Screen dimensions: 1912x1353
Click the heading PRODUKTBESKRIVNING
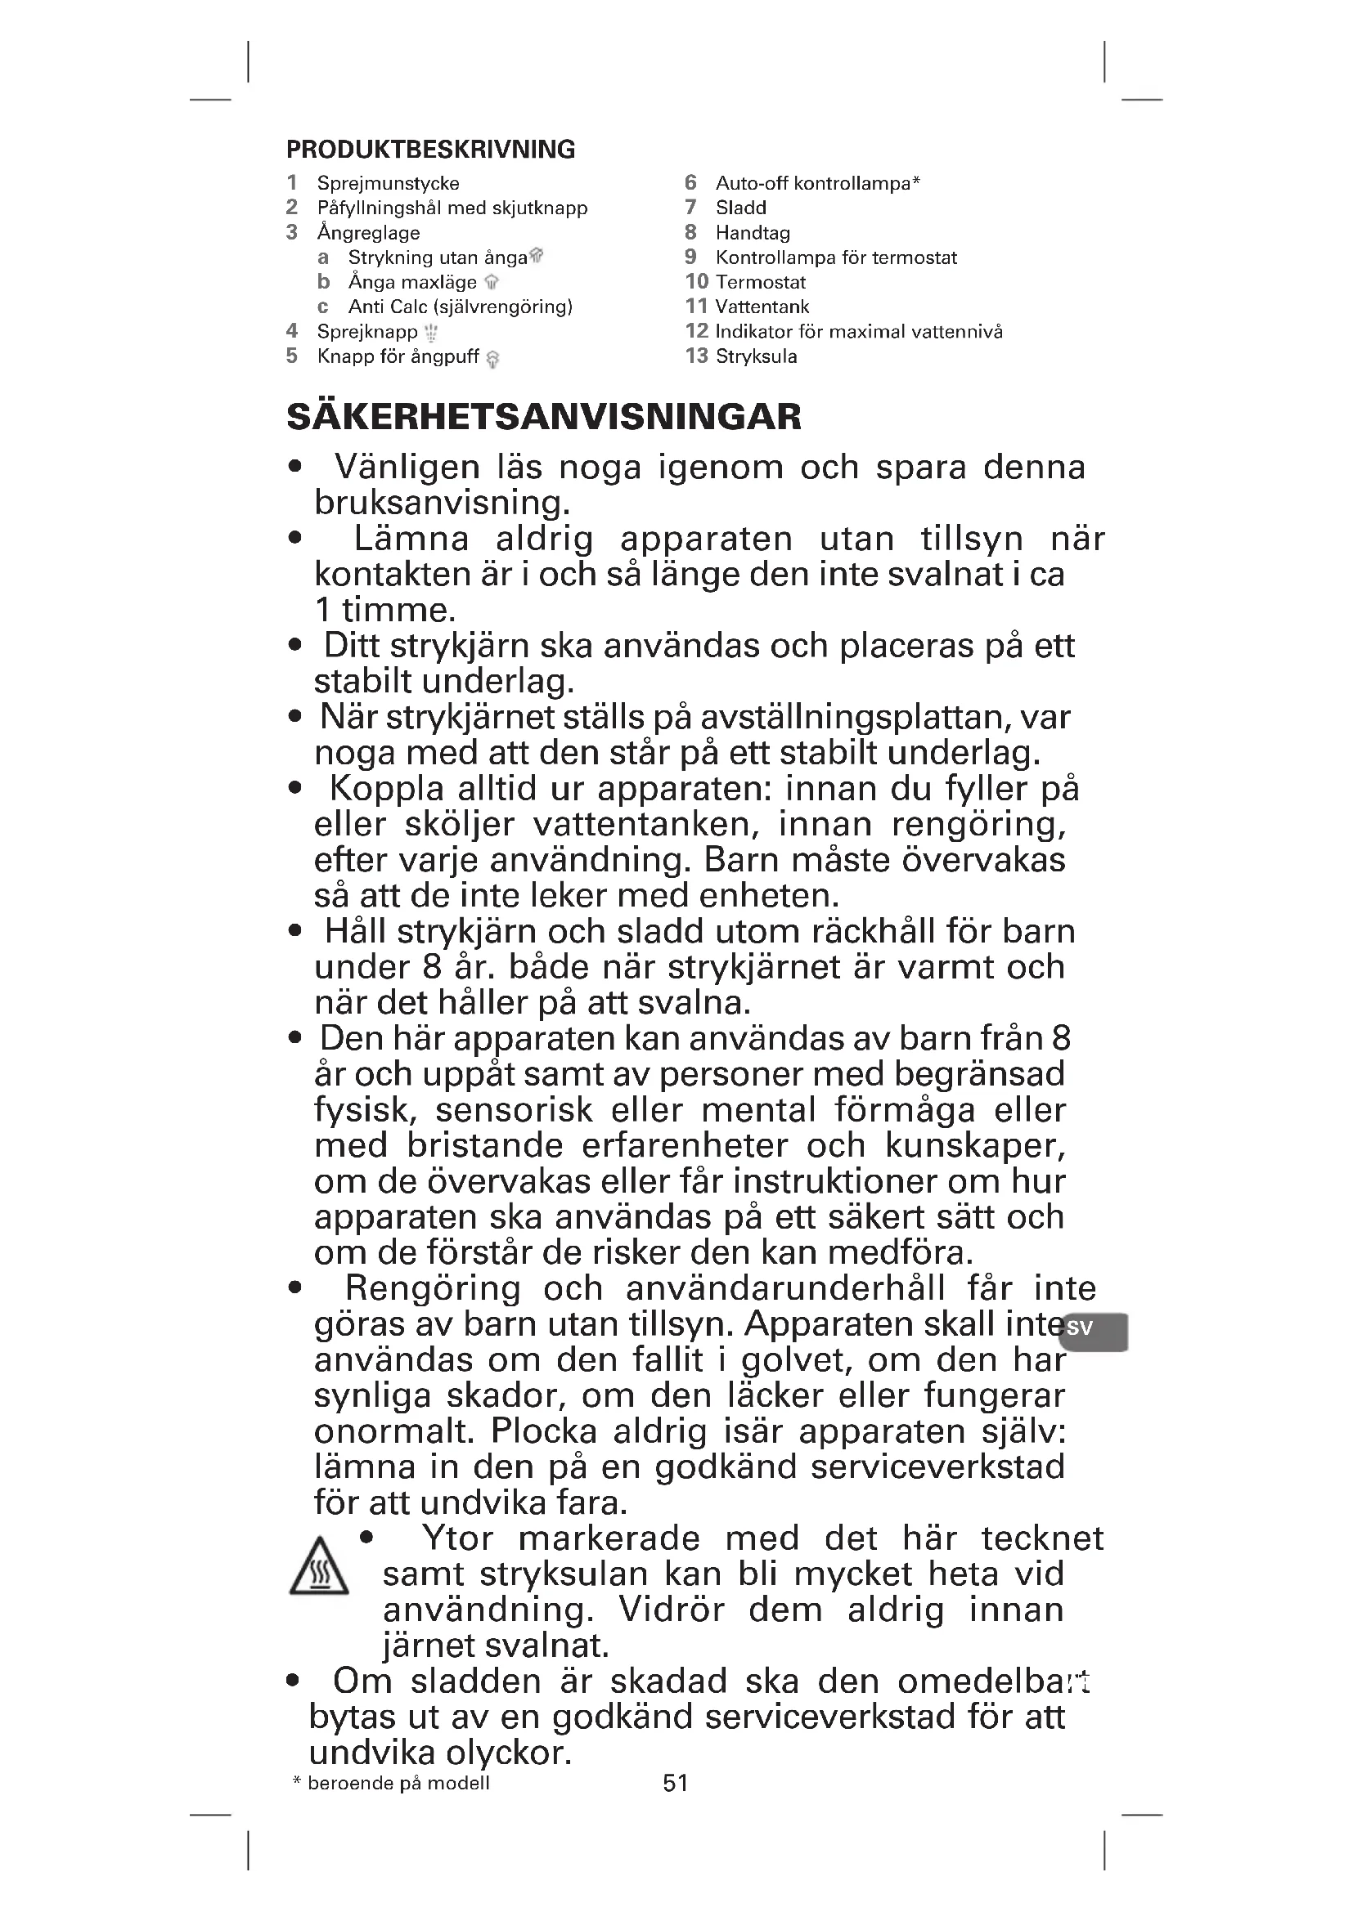pos(430,149)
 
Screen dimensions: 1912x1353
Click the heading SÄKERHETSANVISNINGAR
pos(543,416)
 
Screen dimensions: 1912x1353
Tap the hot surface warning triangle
pos(318,1566)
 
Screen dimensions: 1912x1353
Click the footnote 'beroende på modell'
pos(398,1782)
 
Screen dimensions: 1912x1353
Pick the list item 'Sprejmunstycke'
pos(388,183)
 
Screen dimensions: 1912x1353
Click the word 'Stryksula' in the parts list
pos(756,356)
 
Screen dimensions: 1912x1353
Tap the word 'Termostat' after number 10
pos(761,282)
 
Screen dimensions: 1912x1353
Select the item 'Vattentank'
pos(762,307)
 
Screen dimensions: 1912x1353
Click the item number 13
pos(696,356)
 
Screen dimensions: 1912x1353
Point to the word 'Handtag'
pos(753,233)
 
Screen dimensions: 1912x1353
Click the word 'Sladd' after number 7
pos(740,208)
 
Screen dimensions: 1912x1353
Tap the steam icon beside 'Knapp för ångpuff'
pos(492,359)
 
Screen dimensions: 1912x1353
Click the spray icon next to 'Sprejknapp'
pos(431,333)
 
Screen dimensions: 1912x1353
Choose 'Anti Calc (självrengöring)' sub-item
pos(460,307)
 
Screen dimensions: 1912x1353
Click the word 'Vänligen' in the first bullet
pos(407,468)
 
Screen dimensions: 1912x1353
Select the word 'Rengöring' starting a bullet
pos(433,1288)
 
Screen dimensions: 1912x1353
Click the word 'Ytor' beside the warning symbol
pos(457,1538)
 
